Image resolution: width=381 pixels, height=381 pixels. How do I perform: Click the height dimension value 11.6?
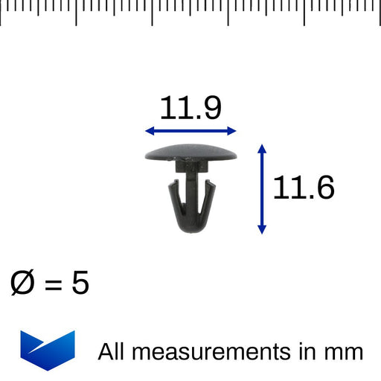tap(303, 188)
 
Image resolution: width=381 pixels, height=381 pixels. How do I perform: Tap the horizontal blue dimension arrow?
tap(190, 131)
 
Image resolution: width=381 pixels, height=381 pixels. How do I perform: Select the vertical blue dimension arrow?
tap(261, 189)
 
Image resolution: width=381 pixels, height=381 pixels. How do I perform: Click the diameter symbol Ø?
tap(22, 284)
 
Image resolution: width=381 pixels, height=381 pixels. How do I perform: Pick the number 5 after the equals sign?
tap(80, 284)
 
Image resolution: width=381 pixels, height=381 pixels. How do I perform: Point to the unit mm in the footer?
tap(344, 352)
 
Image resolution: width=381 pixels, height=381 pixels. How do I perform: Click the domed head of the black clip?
tap(190, 152)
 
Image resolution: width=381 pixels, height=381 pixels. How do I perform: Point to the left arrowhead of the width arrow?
tap(148, 131)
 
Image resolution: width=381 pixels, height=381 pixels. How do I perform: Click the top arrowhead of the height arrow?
tap(261, 149)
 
